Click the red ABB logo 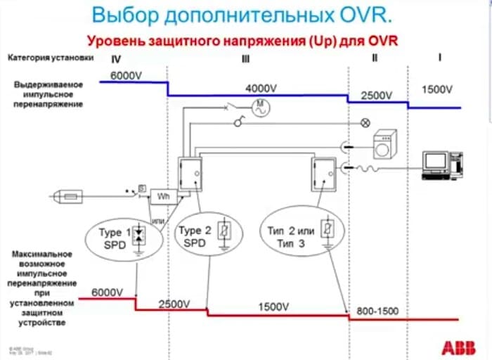pyautogui.click(x=458, y=346)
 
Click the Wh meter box pyautogui.click(x=163, y=197)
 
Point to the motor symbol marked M pyautogui.click(x=260, y=106)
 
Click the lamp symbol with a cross pyautogui.click(x=365, y=122)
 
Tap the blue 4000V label pyautogui.click(x=261, y=89)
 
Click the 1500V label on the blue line pyautogui.click(x=437, y=89)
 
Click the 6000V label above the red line pyautogui.click(x=107, y=290)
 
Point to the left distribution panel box pyautogui.click(x=190, y=174)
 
